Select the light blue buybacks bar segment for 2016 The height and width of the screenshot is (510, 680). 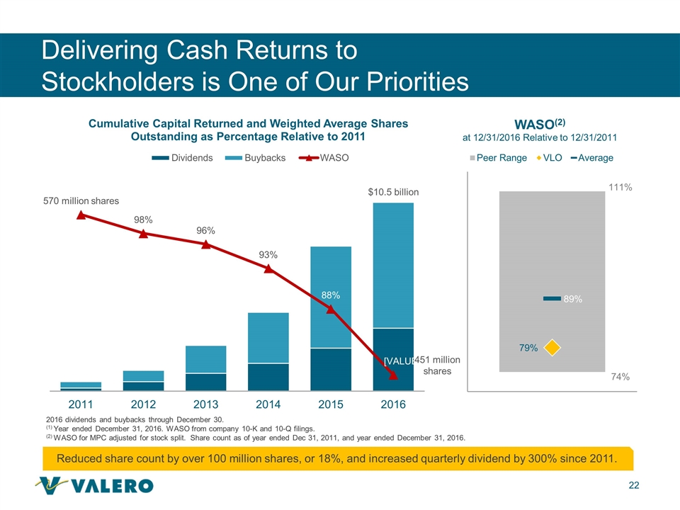point(393,266)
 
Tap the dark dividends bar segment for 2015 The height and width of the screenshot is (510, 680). point(331,368)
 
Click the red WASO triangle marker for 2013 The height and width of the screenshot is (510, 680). point(206,244)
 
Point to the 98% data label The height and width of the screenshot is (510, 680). point(144,220)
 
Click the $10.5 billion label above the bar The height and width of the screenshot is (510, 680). point(393,192)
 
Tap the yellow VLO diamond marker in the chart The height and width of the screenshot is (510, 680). point(552,347)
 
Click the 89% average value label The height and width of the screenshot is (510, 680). point(573,300)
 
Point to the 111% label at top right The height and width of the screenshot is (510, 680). point(620,188)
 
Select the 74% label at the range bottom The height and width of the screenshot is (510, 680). point(620,378)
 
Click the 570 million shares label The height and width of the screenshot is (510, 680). point(77,200)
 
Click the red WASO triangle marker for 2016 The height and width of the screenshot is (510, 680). point(393,375)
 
